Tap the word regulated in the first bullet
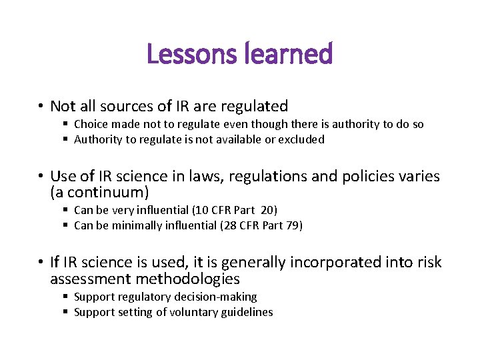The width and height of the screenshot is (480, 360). click(254, 106)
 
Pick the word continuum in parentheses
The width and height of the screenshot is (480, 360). click(99, 193)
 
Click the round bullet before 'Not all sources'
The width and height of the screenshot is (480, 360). click(41, 107)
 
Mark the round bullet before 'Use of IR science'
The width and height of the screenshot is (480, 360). click(41, 177)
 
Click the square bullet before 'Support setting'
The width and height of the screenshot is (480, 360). click(67, 312)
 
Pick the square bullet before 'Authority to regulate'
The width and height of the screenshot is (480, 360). click(67, 139)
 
